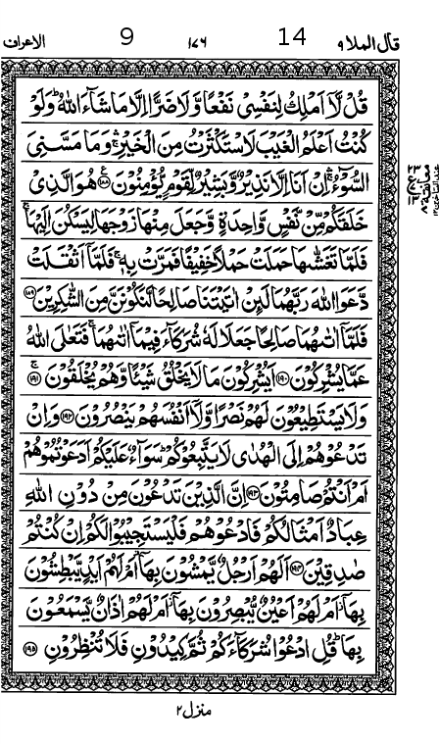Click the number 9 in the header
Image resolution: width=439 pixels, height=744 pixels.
[126, 38]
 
